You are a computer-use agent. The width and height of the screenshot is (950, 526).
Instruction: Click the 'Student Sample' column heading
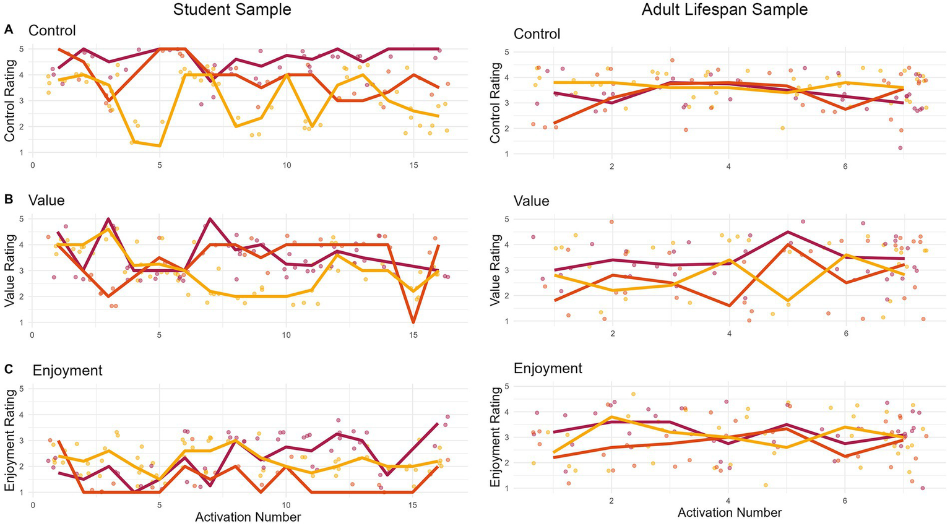(x=232, y=9)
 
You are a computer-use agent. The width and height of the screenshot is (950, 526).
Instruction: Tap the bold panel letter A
(x=9, y=28)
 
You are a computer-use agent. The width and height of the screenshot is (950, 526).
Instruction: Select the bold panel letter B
(x=9, y=199)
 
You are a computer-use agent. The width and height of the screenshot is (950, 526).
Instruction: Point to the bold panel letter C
(x=9, y=369)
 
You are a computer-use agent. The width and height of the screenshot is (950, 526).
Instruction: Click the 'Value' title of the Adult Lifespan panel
(x=531, y=201)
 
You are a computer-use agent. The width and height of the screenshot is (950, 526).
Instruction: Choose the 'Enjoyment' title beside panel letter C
(x=67, y=370)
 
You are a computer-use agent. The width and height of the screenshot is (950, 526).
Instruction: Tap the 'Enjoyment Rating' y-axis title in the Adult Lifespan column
(x=496, y=437)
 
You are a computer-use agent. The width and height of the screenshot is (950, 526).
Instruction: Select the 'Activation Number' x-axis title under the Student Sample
(x=248, y=517)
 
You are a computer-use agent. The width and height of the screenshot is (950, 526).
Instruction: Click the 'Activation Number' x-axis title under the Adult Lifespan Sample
(x=730, y=512)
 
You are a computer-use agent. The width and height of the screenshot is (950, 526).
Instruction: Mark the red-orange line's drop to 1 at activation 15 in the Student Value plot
(x=413, y=322)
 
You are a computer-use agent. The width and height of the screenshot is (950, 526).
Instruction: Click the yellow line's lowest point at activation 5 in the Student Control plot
(x=160, y=146)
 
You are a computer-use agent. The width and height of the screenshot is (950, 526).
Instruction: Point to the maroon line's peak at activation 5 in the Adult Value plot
(x=787, y=232)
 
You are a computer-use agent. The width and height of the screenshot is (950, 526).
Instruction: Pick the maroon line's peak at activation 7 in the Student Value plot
(x=210, y=218)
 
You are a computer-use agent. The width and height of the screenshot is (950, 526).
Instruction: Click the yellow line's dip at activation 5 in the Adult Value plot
(x=787, y=301)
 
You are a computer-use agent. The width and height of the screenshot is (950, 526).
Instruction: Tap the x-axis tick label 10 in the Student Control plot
(x=286, y=165)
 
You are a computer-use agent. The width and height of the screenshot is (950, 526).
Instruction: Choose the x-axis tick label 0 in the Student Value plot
(x=32, y=335)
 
